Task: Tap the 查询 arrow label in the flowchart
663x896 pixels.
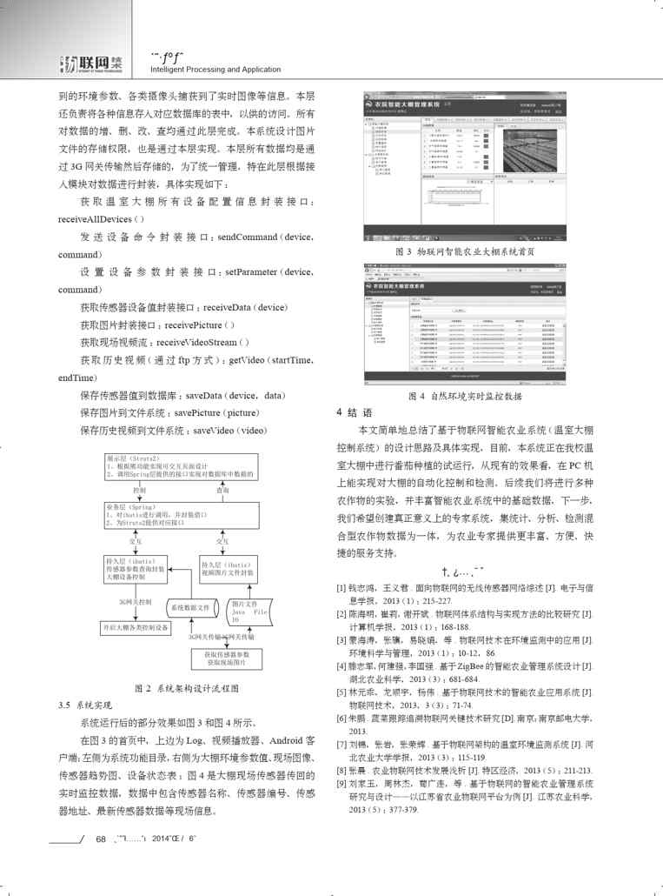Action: click(x=223, y=490)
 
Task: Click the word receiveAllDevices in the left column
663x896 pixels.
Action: click(x=95, y=218)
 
